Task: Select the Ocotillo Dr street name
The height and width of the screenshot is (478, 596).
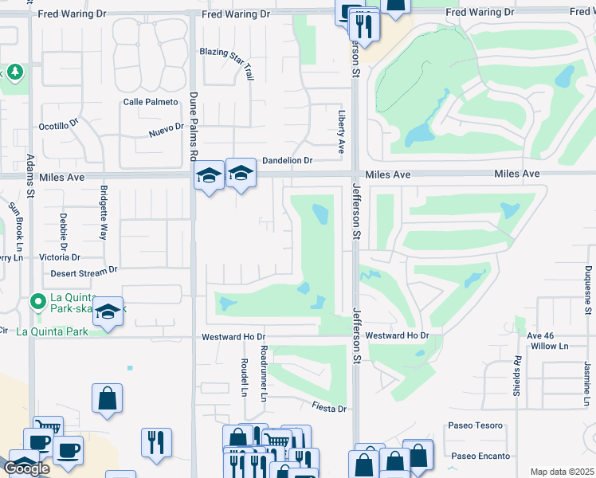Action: pyautogui.click(x=59, y=126)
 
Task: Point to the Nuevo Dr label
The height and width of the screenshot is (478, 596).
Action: pyautogui.click(x=167, y=129)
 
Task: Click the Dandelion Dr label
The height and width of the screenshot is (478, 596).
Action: pyautogui.click(x=287, y=160)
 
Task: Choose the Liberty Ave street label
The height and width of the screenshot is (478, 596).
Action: pyautogui.click(x=341, y=132)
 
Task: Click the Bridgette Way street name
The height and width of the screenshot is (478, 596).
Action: pyautogui.click(x=104, y=213)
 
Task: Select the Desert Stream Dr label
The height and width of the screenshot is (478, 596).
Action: pyautogui.click(x=84, y=272)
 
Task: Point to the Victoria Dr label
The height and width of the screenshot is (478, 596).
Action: pyautogui.click(x=54, y=257)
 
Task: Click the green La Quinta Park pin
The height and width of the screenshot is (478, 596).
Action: pyautogui.click(x=37, y=302)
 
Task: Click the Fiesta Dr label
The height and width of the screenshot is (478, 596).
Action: pyautogui.click(x=330, y=409)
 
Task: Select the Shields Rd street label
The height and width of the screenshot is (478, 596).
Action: pyautogui.click(x=517, y=376)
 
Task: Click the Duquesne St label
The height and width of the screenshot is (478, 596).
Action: pyautogui.click(x=588, y=285)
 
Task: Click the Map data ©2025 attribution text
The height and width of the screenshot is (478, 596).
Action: pyautogui.click(x=562, y=472)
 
